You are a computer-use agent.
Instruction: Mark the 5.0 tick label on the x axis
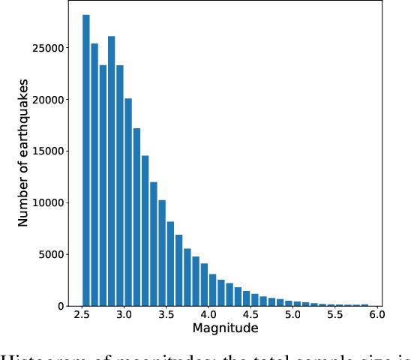tap(292, 316)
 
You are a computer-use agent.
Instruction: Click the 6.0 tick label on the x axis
tap(376, 316)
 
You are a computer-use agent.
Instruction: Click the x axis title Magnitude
tap(226, 329)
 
